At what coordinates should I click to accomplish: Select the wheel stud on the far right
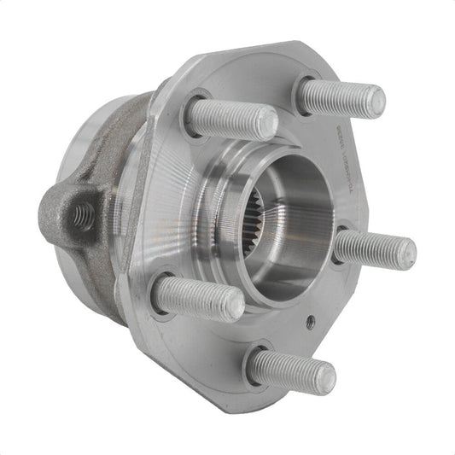[x=376, y=248]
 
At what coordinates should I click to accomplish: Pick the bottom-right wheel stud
[x=291, y=372]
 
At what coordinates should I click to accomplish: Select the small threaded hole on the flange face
[x=310, y=321]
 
